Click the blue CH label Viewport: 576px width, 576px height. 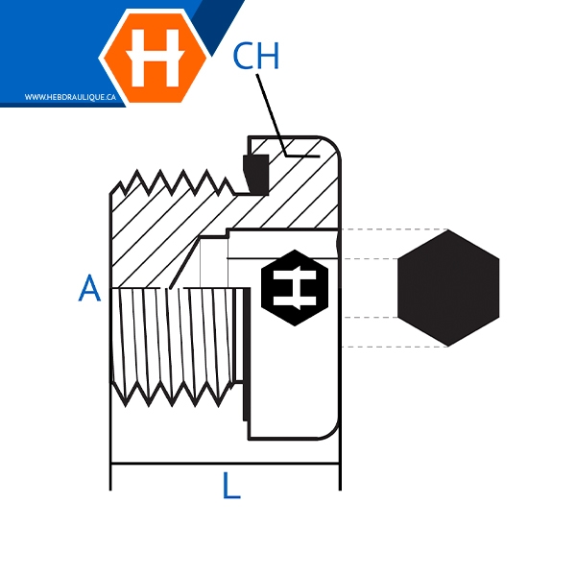256,56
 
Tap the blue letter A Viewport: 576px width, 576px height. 89,288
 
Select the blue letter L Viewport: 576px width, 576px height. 231,485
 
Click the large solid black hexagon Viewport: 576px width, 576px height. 448,288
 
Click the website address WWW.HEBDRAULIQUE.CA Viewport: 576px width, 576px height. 70,97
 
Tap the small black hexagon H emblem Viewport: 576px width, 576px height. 295,288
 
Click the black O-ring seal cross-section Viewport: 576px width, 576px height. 256,174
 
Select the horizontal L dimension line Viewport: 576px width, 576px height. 225,464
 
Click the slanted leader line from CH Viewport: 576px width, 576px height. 271,115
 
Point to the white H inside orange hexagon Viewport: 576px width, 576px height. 155,58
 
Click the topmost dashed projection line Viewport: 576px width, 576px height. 395,229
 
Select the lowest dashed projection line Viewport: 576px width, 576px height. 395,347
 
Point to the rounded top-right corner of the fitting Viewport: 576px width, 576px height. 333,143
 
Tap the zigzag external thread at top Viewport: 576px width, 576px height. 173,181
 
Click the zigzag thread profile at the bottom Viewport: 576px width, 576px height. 173,394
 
